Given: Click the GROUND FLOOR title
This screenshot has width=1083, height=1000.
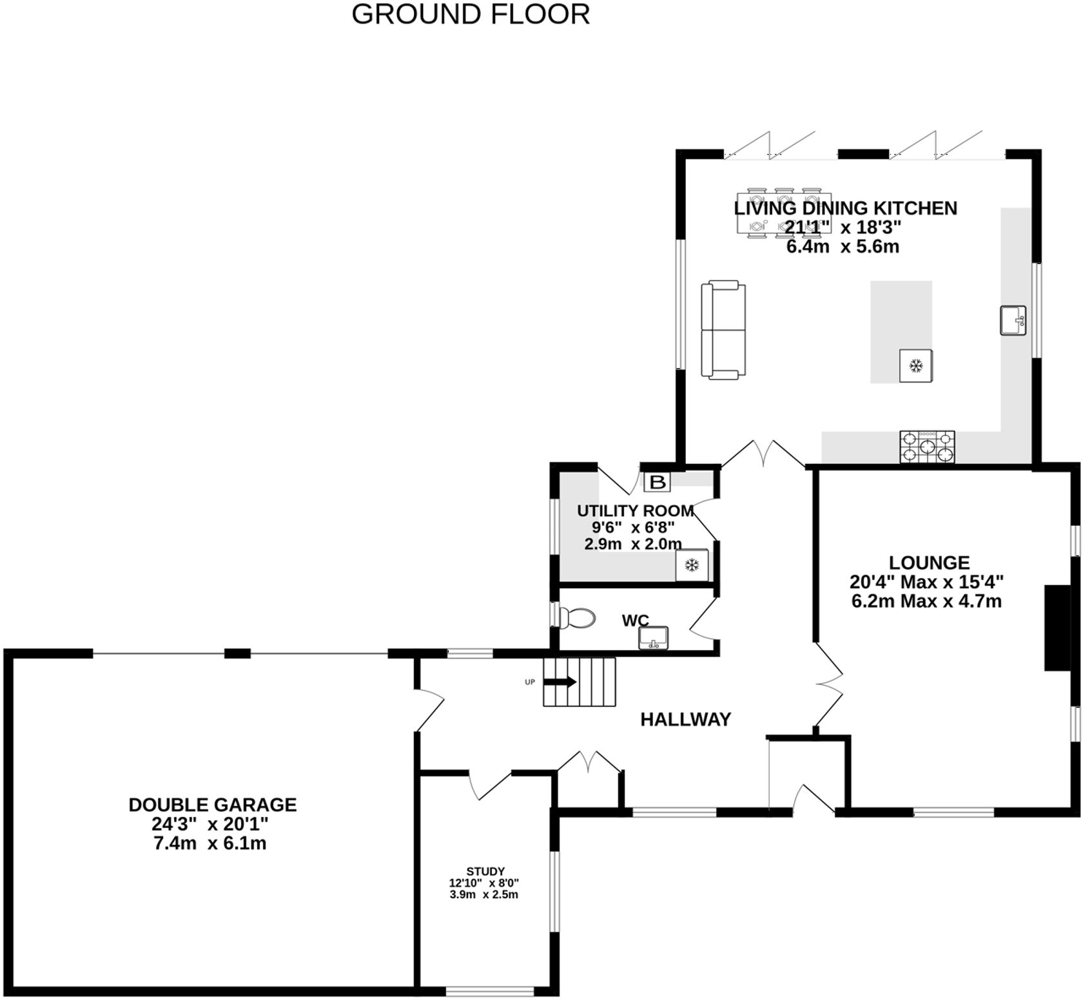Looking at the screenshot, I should tap(471, 14).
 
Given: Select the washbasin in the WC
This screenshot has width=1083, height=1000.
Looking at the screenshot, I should tap(654, 639).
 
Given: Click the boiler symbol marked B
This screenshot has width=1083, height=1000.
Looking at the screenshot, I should tap(657, 482).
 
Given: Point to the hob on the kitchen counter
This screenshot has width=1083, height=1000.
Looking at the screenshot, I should tap(927, 446).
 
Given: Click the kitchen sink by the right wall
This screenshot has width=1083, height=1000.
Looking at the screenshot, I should tap(1012, 320).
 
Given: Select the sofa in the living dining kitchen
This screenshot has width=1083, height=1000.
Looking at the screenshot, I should tap(723, 329).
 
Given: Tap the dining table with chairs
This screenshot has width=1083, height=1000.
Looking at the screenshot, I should tap(783, 213).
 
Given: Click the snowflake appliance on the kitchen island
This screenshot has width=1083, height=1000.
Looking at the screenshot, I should tap(915, 366).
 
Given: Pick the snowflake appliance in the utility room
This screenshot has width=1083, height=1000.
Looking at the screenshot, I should tap(692, 566).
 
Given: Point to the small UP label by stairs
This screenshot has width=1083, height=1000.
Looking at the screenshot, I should tap(530, 682).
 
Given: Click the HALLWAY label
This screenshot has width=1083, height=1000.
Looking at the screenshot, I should tap(685, 719).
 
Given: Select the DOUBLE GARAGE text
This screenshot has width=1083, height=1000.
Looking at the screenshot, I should tap(213, 805).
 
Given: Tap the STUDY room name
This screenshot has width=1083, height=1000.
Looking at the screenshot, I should tap(485, 871).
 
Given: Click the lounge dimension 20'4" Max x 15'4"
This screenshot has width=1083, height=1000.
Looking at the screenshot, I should tap(926, 582).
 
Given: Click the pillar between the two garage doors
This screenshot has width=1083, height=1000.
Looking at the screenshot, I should tap(237, 653).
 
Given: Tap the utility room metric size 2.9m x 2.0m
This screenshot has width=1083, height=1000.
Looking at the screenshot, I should tap(632, 544).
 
